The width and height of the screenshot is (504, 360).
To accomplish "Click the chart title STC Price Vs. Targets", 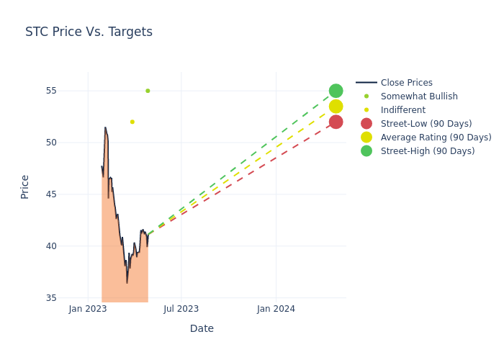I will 89,32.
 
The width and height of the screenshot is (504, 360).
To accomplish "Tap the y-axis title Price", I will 25,186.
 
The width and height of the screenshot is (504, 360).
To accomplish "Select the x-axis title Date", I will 202,328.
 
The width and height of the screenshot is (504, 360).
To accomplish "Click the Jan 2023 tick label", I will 88,309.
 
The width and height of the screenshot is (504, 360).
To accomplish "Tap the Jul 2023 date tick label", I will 181,309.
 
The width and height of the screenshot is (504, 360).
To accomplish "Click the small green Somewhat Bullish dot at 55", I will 148,91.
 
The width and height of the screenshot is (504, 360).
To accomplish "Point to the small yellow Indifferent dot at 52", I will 132,122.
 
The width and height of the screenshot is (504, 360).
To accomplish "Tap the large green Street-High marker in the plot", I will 336,91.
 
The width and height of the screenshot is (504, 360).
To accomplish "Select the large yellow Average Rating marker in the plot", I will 336,107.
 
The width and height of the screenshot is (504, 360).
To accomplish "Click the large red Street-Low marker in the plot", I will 336,122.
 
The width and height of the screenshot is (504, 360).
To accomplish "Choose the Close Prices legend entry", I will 406,83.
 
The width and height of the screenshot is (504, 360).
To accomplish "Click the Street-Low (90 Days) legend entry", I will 426,124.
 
